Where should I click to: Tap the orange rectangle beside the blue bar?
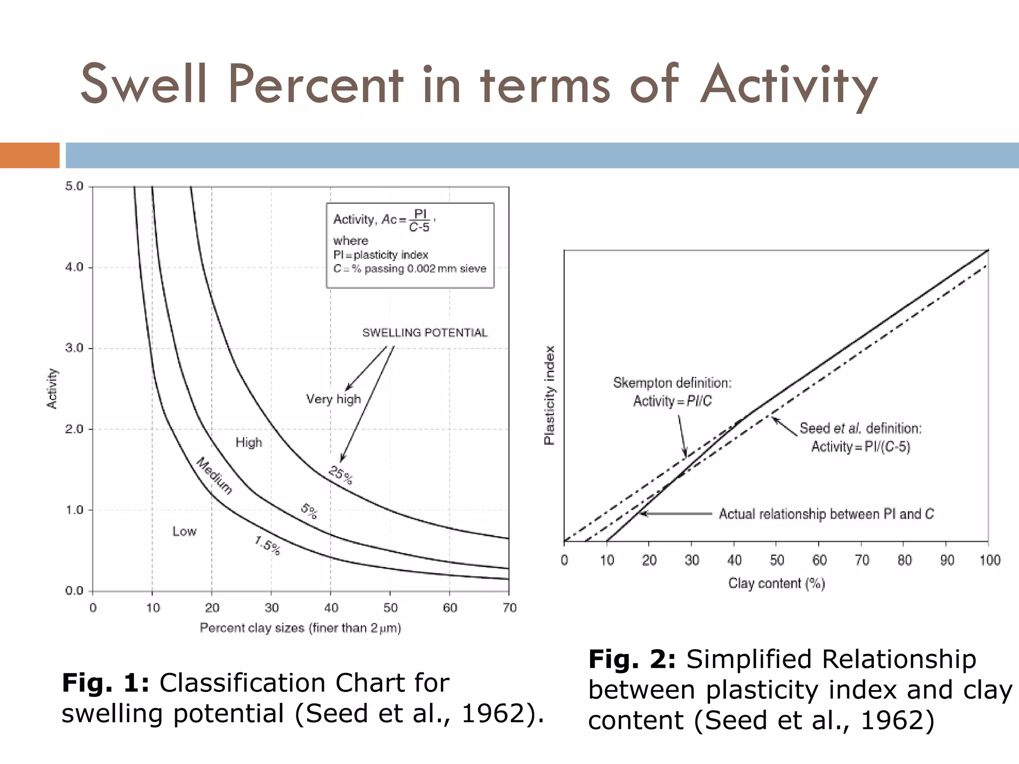pos(29,155)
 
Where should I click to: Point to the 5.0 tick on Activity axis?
pos(75,187)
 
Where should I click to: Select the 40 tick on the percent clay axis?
pos(331,608)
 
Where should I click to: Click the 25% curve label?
pos(341,475)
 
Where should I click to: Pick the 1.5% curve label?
pos(267,546)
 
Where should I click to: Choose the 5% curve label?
pos(309,511)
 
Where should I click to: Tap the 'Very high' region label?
pos(333,399)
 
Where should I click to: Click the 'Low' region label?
pos(184,531)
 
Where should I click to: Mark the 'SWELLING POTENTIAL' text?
pos(424,333)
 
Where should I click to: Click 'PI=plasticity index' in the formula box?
pos(381,255)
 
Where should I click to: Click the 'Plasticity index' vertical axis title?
pos(549,395)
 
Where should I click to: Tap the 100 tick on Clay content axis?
pos(990,561)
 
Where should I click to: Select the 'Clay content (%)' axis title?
pos(777,583)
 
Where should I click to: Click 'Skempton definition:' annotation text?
pos(672,383)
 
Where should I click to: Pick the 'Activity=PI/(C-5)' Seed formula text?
pos(861,447)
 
